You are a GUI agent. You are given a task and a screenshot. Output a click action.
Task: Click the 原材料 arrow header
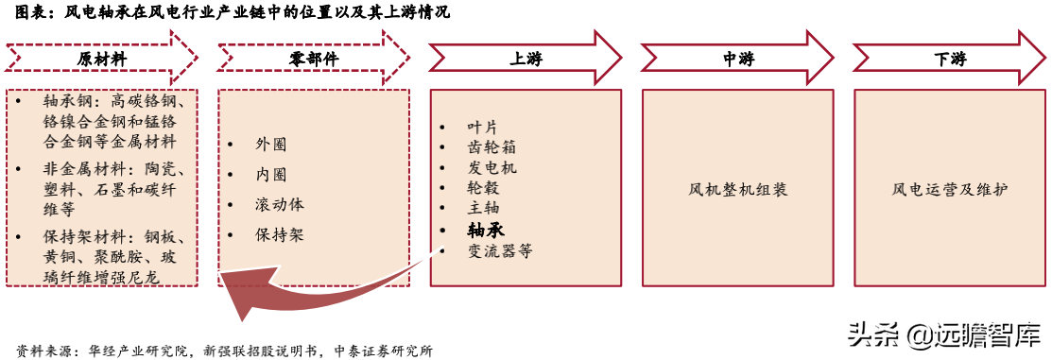(102, 59)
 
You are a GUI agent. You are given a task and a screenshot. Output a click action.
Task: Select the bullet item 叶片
(482, 127)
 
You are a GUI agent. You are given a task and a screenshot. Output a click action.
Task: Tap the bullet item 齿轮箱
(492, 147)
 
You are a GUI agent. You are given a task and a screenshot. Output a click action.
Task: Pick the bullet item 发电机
(492, 167)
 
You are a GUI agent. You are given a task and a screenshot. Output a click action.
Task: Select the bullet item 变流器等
(500, 249)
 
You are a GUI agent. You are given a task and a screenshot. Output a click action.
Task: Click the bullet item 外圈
(270, 145)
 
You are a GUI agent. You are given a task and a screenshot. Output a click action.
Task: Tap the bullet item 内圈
(270, 175)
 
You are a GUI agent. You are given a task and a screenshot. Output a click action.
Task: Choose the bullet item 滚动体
(279, 205)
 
